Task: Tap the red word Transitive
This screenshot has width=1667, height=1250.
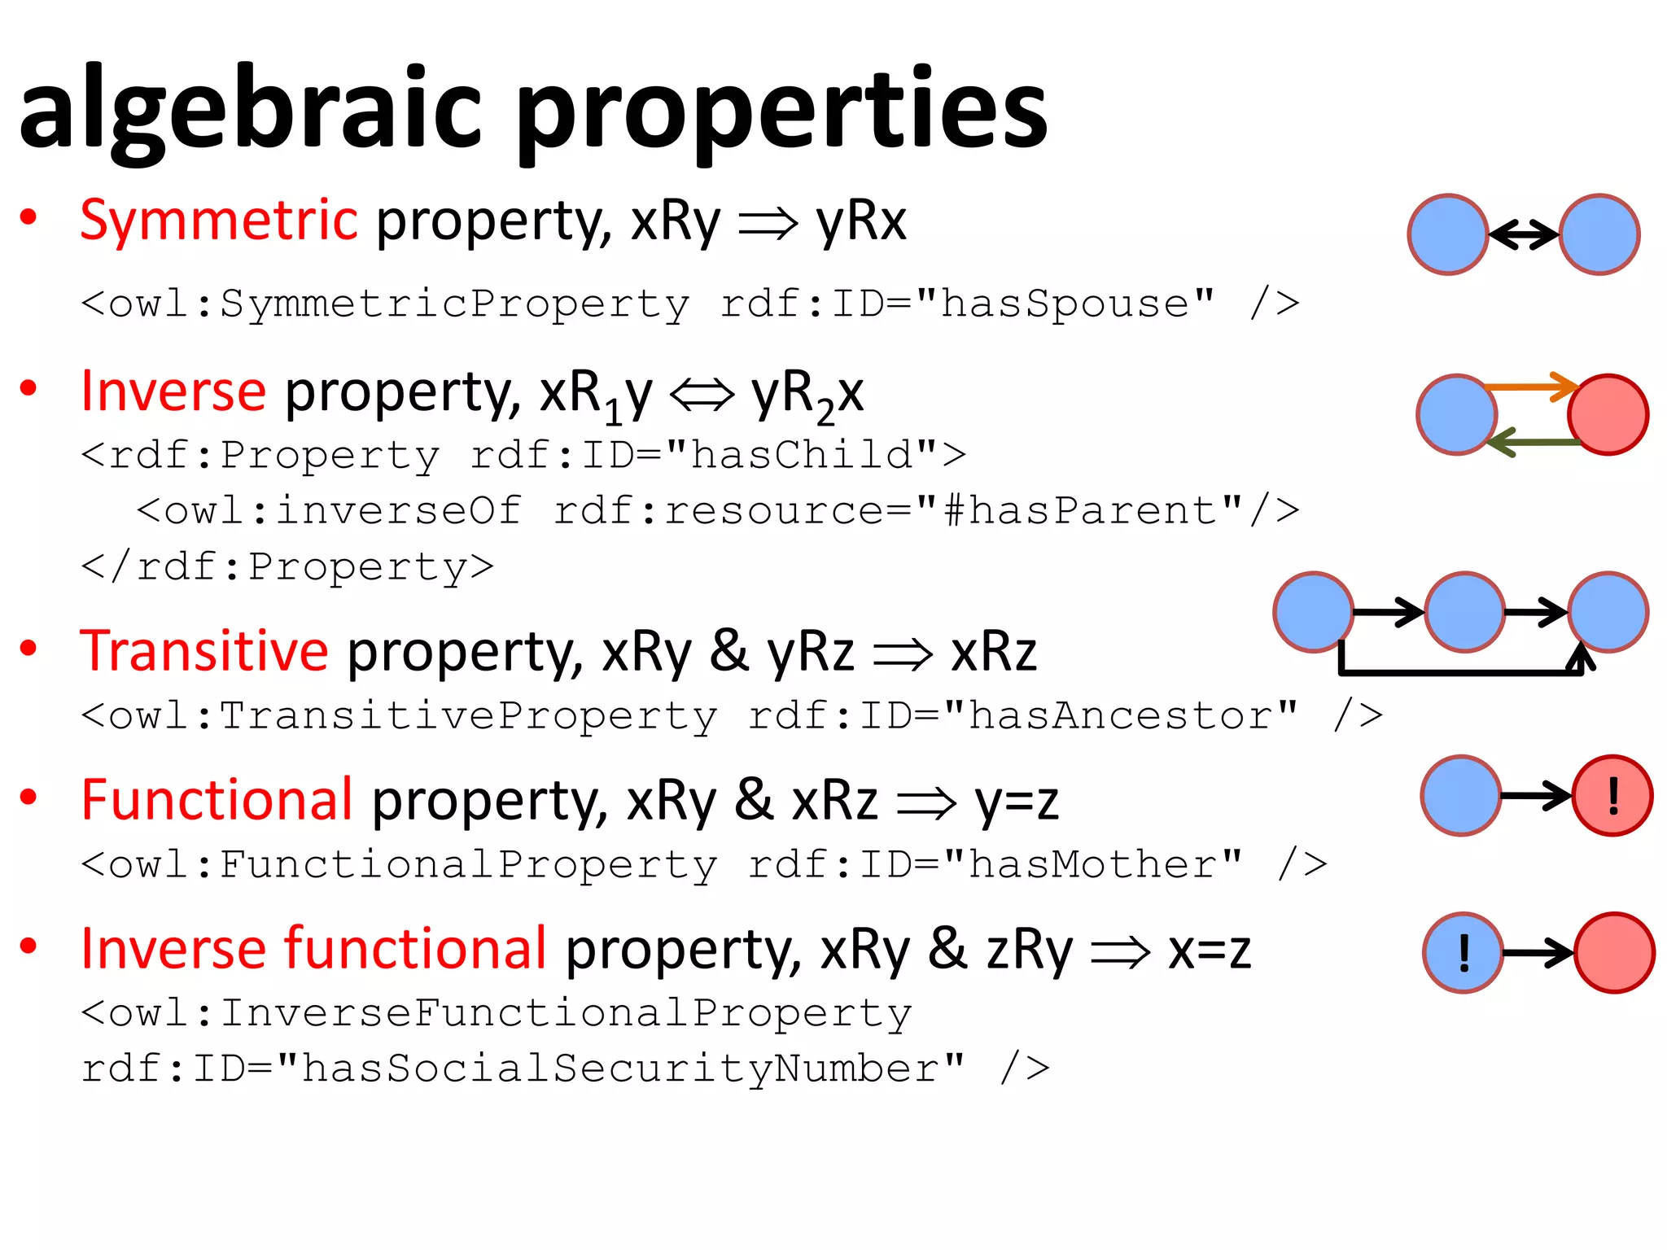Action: [203, 650]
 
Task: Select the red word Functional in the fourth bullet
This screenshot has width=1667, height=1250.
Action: [217, 799]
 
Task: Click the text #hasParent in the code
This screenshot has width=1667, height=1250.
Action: [1092, 511]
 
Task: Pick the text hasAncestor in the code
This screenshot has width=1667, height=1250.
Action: [1120, 715]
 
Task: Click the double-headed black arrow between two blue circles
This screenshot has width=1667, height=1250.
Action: [1524, 234]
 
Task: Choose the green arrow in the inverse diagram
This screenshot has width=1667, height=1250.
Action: [1534, 442]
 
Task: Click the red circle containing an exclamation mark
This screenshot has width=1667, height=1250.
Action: [1612, 796]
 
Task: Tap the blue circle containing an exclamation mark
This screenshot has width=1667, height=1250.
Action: [1463, 952]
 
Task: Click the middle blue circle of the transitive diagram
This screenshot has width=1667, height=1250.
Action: [1464, 612]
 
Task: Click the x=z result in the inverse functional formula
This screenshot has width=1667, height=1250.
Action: [1209, 950]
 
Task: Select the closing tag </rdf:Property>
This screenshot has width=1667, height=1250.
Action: [287, 566]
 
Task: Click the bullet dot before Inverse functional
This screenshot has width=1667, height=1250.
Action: [28, 946]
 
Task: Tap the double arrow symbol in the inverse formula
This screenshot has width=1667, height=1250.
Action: [702, 396]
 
